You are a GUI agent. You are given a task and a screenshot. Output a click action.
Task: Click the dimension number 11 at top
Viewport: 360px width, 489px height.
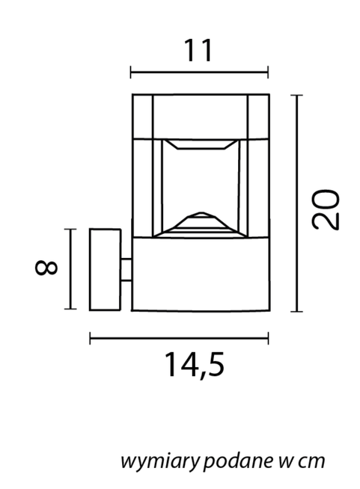click(199, 50)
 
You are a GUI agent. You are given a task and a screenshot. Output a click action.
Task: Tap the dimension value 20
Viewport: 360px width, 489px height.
click(326, 209)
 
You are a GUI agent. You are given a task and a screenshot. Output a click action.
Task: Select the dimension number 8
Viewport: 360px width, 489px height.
click(46, 268)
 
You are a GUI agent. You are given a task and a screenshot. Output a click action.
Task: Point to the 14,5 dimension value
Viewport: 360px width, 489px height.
click(194, 365)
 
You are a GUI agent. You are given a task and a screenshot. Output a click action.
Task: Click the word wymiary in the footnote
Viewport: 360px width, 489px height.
click(159, 461)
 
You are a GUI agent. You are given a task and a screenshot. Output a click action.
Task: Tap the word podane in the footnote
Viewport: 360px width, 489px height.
click(239, 461)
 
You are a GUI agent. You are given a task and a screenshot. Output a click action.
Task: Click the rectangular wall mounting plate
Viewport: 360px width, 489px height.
click(105, 269)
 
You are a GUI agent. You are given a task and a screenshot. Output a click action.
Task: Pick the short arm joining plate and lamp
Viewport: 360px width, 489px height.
click(126, 269)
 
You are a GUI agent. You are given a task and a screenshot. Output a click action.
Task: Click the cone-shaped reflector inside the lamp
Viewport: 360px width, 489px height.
click(201, 225)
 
